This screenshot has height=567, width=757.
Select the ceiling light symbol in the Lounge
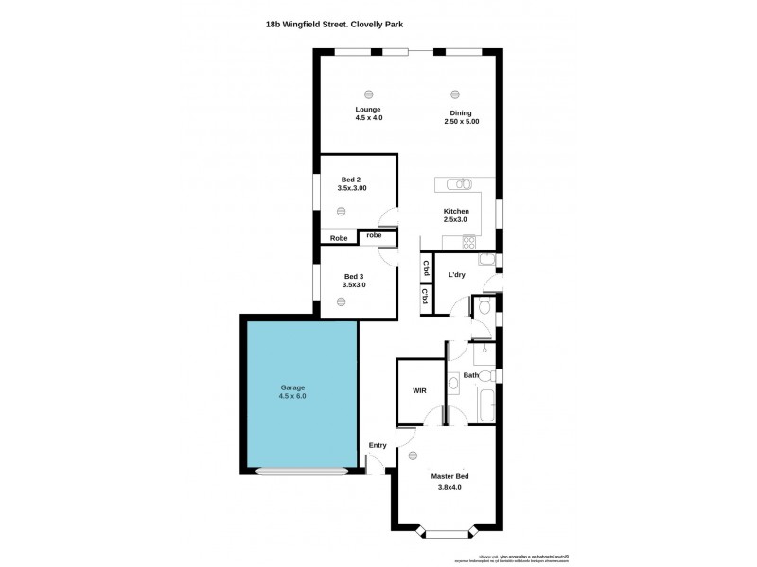(369, 94)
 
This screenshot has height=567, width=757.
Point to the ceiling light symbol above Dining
(455, 94)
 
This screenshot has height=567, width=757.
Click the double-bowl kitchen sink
(458, 184)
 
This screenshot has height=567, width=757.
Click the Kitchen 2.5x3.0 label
(456, 215)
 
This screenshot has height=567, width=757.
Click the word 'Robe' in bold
(339, 238)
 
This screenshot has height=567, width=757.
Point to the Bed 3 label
(353, 281)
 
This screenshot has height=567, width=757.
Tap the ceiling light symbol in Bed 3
(341, 301)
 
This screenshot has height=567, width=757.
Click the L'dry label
(457, 275)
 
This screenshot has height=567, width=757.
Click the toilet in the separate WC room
(483, 306)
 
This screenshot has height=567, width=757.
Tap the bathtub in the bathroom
(485, 404)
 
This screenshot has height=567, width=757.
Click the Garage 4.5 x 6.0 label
(292, 392)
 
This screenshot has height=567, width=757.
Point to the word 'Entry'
(378, 445)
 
